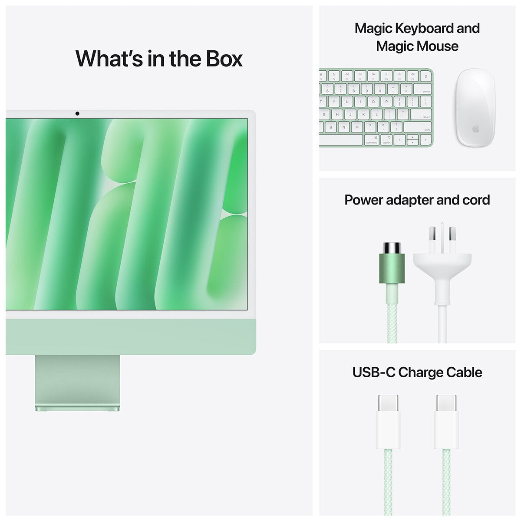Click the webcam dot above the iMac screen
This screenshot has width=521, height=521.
(x=77, y=114)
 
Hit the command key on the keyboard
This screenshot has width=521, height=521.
(x=372, y=140)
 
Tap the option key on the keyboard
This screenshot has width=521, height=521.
(x=387, y=140)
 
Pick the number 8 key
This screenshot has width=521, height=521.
(x=353, y=89)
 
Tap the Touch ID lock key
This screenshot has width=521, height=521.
(x=425, y=76)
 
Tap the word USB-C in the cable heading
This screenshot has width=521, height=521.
(x=373, y=373)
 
